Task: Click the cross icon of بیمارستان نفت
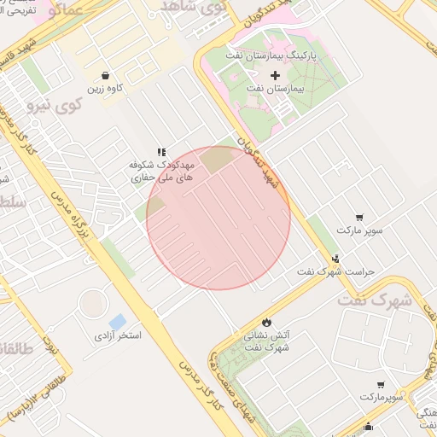[x=275, y=76]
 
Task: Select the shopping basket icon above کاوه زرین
[x=104, y=75]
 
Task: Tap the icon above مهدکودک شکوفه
[x=162, y=151]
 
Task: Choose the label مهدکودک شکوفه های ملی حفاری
[x=163, y=171]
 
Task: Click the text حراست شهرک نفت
[x=335, y=271]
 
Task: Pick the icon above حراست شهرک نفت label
[x=335, y=258]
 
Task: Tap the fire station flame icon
[x=267, y=323]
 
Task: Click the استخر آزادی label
[x=118, y=335]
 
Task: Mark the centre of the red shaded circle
[x=218, y=218]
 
